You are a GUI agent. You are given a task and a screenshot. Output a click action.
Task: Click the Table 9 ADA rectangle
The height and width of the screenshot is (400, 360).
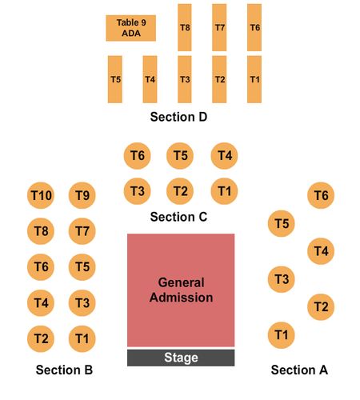[131, 28]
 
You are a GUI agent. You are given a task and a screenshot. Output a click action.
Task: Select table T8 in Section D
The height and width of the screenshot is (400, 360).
[185, 27]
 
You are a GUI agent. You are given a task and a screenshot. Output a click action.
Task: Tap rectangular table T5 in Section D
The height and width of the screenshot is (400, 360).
[115, 79]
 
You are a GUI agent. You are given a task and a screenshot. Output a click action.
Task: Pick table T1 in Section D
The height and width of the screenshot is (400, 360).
[254, 79]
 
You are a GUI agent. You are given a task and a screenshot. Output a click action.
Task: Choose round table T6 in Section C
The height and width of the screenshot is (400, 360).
[137, 156]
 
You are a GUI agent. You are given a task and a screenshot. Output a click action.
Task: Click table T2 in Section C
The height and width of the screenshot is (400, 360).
[180, 191]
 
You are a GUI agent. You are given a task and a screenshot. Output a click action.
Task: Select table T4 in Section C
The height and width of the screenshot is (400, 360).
[224, 156]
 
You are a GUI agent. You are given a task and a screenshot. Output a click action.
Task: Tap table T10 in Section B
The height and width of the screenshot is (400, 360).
[41, 195]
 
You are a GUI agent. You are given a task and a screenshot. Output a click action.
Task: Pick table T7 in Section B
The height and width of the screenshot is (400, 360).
[82, 231]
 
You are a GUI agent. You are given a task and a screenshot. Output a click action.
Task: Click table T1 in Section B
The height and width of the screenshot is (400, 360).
[82, 339]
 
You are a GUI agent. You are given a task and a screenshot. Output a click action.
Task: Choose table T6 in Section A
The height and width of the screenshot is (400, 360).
[321, 195]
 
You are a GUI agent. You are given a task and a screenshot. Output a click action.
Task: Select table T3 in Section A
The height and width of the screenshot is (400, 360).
[282, 279]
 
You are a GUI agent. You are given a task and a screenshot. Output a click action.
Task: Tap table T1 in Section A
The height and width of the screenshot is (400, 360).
[282, 335]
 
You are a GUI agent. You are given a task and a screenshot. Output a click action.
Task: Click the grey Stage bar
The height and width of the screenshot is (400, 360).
[181, 358]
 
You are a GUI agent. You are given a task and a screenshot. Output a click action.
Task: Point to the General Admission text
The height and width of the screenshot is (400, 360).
[181, 290]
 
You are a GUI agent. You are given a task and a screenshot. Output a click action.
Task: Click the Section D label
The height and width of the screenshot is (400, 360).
[178, 117]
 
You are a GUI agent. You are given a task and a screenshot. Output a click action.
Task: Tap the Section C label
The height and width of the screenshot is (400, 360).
[178, 217]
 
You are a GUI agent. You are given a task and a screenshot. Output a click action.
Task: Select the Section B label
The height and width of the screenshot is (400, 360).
[64, 370]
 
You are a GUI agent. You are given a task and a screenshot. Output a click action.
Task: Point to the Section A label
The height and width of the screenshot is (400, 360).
[299, 370]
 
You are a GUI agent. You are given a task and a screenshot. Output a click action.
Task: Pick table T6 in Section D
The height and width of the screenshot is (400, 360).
[254, 27]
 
